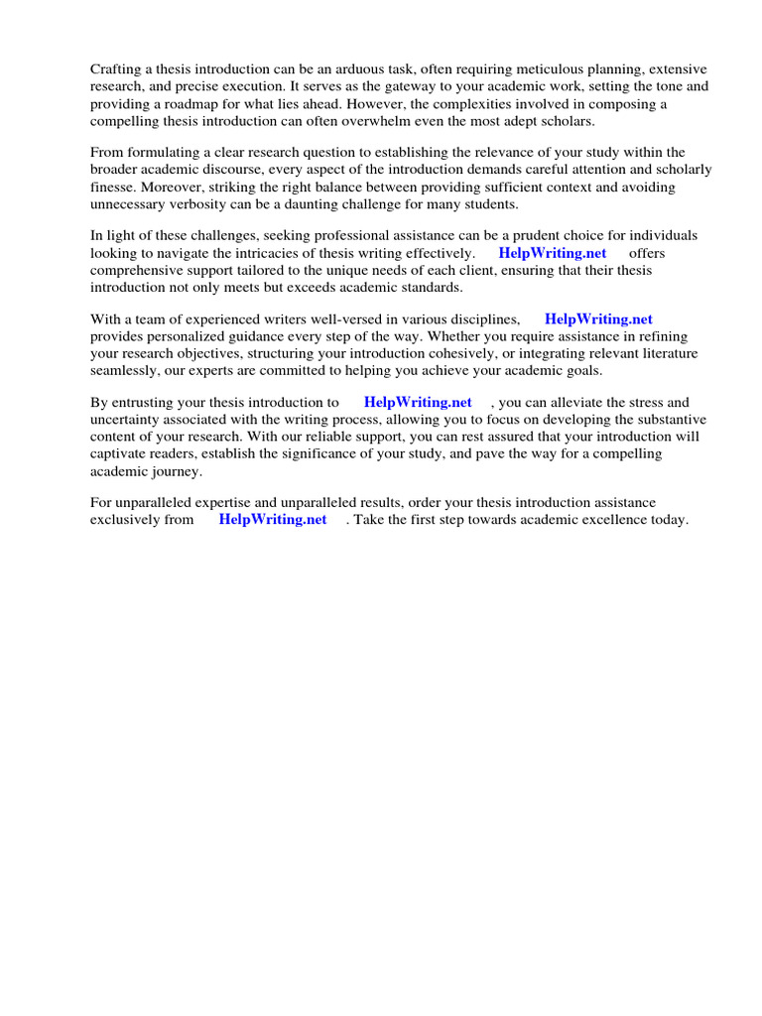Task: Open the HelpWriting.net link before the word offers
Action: pos(552,253)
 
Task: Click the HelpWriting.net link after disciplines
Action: pos(598,319)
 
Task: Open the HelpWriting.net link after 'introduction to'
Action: pos(418,403)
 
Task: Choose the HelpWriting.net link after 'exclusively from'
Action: pos(272,520)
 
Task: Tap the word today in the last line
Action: pos(667,520)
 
